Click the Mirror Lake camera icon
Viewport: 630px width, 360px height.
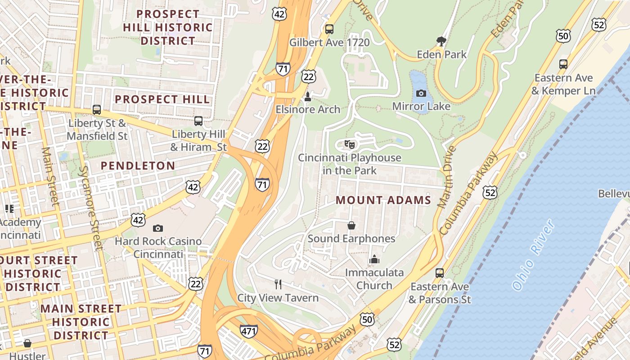(x=421, y=93)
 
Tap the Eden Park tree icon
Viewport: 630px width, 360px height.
(x=441, y=41)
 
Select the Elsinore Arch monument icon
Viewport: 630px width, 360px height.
(x=308, y=96)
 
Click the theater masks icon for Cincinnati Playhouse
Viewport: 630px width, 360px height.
(x=350, y=144)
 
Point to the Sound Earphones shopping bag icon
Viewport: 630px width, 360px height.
(x=351, y=225)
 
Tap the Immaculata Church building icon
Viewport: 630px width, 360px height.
(x=374, y=259)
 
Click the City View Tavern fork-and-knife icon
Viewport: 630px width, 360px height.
(x=278, y=284)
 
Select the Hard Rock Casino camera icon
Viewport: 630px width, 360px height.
(x=157, y=228)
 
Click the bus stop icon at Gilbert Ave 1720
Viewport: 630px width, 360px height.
(x=329, y=29)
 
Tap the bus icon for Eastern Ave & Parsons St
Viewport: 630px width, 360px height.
(x=440, y=273)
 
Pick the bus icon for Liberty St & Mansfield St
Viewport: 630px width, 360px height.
(x=97, y=109)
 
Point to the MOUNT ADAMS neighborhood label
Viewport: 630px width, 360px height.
(x=383, y=200)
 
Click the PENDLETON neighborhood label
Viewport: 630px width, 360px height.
(x=138, y=166)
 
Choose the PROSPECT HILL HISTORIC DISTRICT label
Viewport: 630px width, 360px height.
(x=168, y=27)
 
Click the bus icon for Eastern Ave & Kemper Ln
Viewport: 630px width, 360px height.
(x=563, y=64)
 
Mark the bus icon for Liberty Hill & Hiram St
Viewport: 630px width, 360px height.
(x=198, y=121)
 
